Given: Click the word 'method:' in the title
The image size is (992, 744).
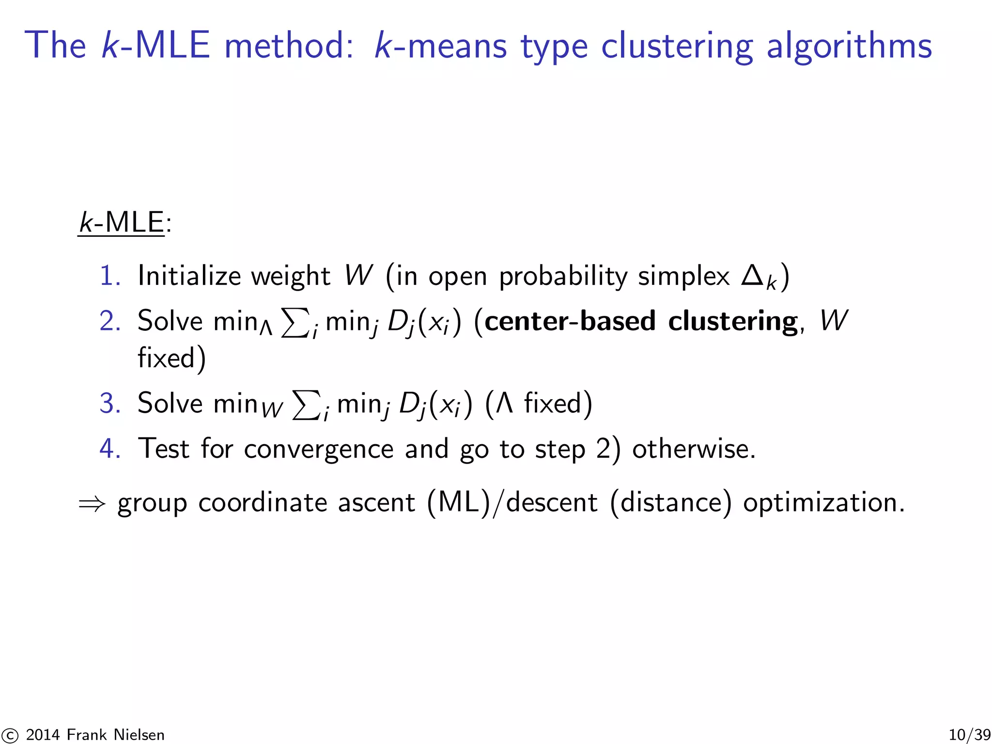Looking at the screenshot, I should [289, 46].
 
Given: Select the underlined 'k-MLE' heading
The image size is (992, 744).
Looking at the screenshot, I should [122, 223].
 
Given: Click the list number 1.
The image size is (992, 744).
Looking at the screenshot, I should [109, 276].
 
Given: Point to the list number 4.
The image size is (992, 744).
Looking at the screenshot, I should [109, 449].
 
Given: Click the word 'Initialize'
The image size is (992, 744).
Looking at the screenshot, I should [189, 276].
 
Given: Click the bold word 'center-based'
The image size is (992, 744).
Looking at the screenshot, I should [570, 321].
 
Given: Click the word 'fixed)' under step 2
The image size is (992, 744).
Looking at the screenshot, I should [171, 358].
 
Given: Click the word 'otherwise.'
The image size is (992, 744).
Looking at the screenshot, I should [694, 449].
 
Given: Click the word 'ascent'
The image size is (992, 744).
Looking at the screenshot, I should [376, 503].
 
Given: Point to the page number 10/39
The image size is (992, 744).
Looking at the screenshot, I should [969, 735].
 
